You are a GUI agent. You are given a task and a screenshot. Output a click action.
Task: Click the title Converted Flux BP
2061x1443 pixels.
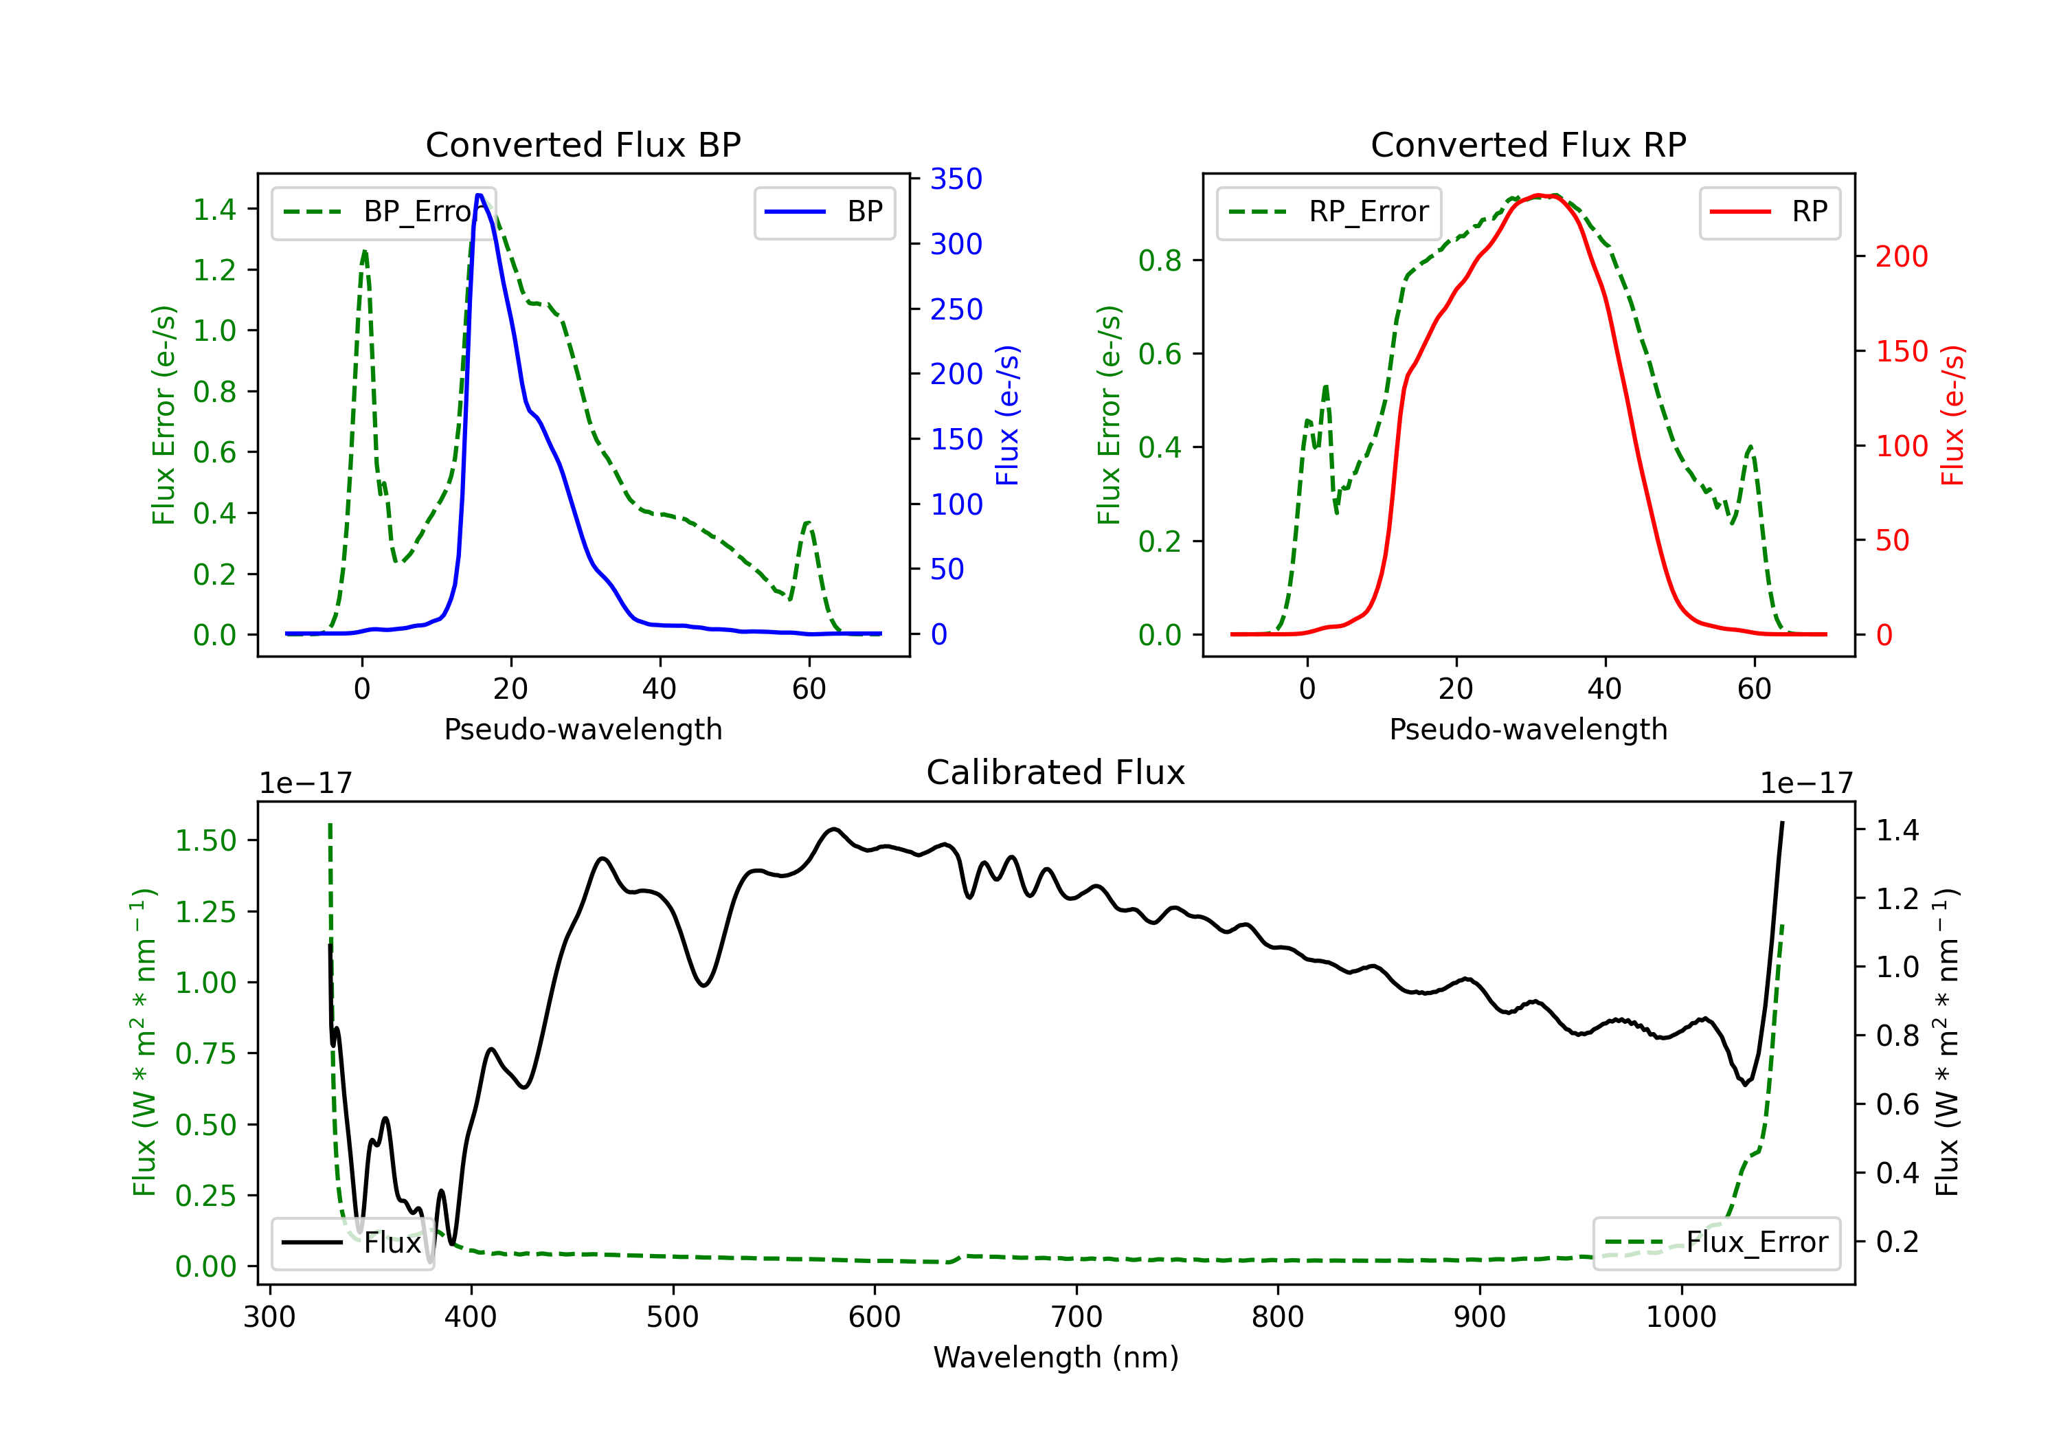click(583, 144)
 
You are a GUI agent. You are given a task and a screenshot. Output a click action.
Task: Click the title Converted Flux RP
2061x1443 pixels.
click(1528, 144)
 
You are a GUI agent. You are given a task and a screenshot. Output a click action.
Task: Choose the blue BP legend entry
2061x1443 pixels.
click(824, 212)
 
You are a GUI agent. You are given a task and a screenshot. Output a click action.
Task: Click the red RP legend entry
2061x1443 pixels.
click(1768, 212)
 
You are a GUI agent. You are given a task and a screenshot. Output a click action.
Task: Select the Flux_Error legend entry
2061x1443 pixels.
click(1715, 1243)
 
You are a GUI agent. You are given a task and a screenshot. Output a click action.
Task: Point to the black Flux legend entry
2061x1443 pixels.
click(351, 1243)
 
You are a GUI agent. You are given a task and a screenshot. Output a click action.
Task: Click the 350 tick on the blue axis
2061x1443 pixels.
click(956, 179)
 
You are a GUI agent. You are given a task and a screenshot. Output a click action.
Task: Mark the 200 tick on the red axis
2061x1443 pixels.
click(1901, 257)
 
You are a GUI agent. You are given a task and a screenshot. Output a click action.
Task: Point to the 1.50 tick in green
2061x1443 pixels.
click(205, 840)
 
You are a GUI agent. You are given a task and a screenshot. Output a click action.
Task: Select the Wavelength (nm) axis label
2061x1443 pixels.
click(1056, 1357)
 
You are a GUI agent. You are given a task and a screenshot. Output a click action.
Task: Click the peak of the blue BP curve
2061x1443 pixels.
click(480, 195)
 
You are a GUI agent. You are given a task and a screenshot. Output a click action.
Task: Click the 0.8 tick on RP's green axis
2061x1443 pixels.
click(1160, 260)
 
